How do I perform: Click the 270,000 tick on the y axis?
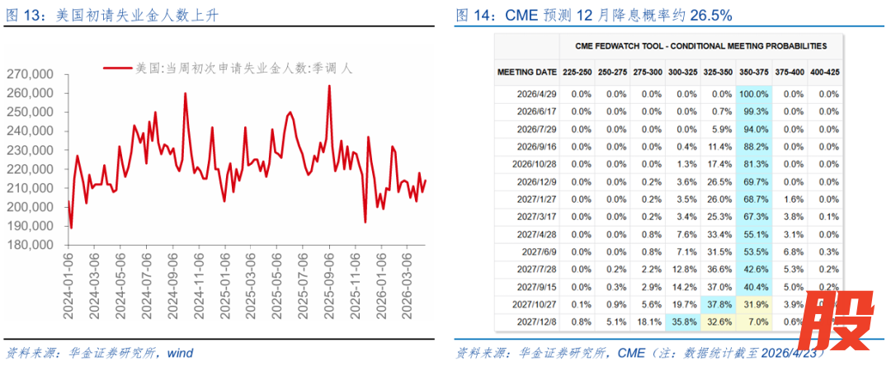[30, 74]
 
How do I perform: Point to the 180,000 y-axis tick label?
[30, 245]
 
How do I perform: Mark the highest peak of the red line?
[329, 86]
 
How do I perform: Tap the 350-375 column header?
[754, 73]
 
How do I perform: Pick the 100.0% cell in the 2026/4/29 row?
[754, 94]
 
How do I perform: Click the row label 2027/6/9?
[540, 251]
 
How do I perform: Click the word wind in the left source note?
[179, 354]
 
